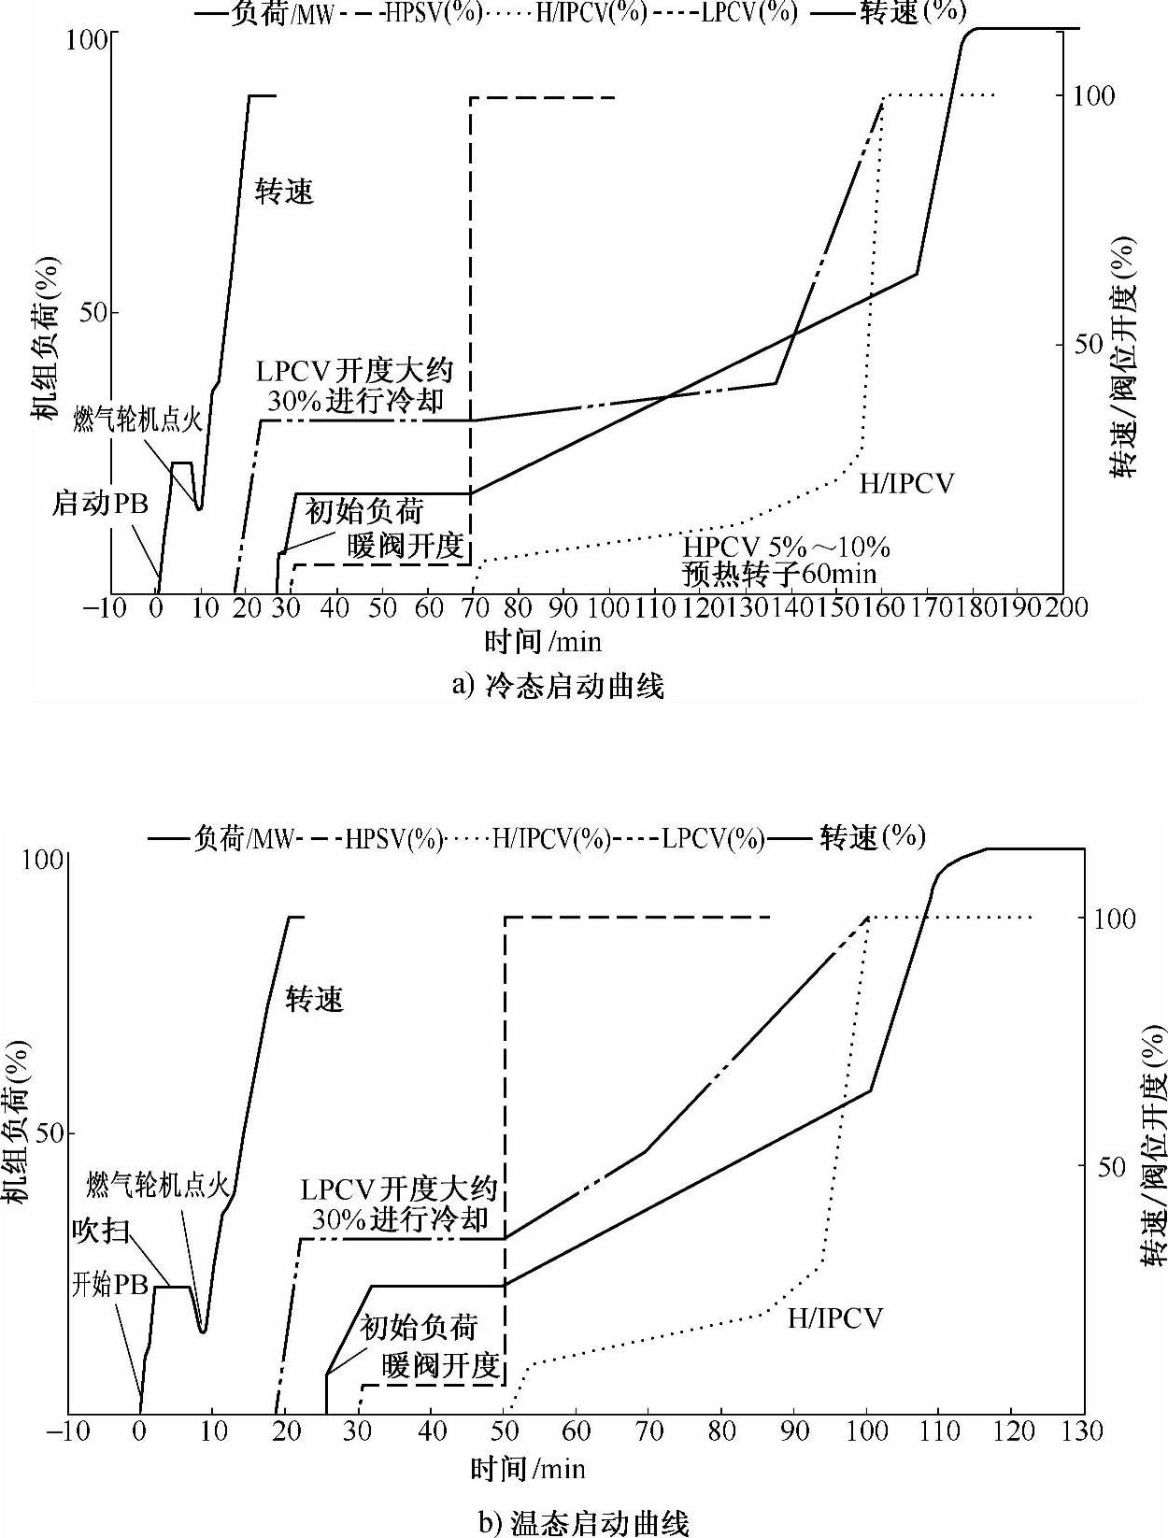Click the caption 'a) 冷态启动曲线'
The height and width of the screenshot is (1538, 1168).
click(x=558, y=687)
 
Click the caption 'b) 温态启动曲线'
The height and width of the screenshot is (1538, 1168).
click(x=584, y=1524)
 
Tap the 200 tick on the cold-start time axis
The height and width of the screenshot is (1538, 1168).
click(x=1065, y=607)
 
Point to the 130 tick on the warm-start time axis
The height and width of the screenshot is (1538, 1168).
click(x=1084, y=1431)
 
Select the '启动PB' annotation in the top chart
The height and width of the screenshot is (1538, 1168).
click(x=100, y=504)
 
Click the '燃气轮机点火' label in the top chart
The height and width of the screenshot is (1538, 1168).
click(x=138, y=420)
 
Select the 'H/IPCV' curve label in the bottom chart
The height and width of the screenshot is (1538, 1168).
click(x=835, y=1318)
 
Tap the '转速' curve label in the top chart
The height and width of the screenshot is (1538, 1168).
click(x=285, y=192)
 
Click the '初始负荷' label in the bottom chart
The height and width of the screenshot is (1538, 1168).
click(x=420, y=1327)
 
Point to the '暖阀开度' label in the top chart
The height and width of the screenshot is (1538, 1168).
click(x=406, y=546)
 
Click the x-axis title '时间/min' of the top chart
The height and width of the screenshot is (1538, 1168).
click(x=543, y=641)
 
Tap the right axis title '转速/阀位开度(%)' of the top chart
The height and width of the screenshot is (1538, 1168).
click(x=1126, y=356)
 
